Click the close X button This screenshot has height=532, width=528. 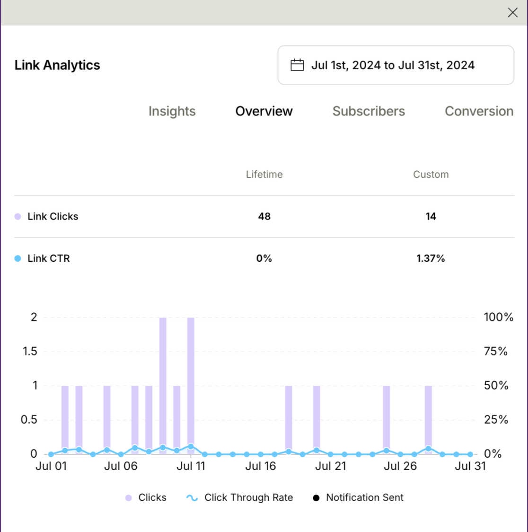(x=512, y=13)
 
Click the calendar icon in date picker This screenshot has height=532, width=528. (x=297, y=65)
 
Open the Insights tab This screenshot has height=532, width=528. (x=172, y=111)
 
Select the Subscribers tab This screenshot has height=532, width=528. (x=369, y=111)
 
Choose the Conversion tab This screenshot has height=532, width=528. (x=479, y=111)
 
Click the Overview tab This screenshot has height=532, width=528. (x=264, y=111)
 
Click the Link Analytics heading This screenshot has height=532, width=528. (x=57, y=65)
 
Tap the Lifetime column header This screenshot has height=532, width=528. (x=264, y=174)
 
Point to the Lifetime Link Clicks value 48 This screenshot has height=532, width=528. (x=264, y=216)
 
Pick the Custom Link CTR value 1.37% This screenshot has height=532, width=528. (x=431, y=258)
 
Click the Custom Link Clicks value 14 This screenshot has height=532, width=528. (x=431, y=216)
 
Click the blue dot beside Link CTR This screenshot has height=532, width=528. (x=18, y=258)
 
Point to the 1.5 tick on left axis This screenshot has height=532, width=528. (x=30, y=351)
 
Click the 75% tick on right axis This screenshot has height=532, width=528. (x=495, y=351)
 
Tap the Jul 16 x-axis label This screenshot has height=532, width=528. (x=260, y=466)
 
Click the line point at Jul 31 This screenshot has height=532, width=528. (x=470, y=454)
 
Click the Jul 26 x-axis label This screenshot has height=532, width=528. (x=400, y=466)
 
